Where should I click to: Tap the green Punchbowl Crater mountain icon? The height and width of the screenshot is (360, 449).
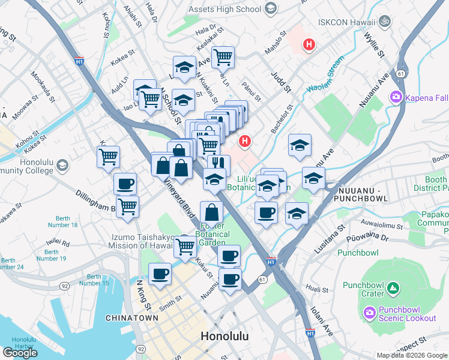point(393,289)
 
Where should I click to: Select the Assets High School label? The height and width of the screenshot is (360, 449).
point(224,9)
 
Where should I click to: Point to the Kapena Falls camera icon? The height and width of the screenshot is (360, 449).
point(396,97)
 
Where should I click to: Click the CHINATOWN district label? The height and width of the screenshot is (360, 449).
point(131,318)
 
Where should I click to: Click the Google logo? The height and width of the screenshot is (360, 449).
point(20,352)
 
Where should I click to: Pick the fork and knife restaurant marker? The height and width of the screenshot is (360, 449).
point(219,164)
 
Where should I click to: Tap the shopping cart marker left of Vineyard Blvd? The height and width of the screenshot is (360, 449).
point(109,157)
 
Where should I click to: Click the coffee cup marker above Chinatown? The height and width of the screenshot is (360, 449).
point(160,274)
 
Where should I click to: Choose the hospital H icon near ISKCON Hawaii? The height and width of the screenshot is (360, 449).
point(309,44)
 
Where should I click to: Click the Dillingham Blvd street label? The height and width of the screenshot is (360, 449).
point(95,202)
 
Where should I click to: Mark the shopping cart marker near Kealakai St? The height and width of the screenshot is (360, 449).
point(223,57)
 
